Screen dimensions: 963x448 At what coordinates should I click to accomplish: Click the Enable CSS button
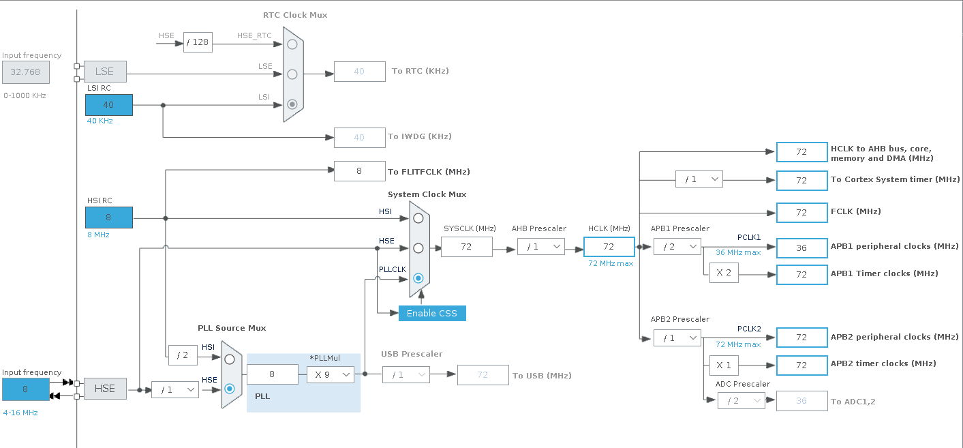(432, 313)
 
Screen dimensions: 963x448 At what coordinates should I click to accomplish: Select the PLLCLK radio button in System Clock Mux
(418, 278)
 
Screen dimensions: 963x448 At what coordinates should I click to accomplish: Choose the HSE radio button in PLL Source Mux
(230, 389)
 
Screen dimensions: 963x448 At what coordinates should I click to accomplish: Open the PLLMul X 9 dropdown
(330, 375)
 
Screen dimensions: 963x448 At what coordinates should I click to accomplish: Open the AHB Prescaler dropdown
(541, 247)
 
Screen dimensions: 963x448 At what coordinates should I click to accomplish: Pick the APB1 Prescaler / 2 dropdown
(677, 247)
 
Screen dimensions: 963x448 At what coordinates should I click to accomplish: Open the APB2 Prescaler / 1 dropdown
(677, 338)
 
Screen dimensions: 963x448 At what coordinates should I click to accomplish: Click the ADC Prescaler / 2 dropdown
(742, 401)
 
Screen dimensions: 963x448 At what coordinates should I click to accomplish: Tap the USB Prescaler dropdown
(406, 375)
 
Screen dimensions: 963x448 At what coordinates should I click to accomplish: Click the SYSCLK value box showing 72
(466, 247)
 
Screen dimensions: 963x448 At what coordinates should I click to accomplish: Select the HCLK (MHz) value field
(609, 247)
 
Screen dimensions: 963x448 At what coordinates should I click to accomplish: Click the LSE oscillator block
(105, 72)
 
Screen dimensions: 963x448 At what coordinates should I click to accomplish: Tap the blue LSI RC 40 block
(109, 105)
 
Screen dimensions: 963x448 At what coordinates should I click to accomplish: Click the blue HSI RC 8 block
(109, 218)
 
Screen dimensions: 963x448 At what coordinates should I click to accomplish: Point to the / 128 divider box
(198, 42)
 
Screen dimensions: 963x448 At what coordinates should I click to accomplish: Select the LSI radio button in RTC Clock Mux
(292, 104)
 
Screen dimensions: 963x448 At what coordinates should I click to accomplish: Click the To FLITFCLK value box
(359, 171)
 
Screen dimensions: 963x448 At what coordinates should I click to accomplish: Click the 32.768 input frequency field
(26, 72)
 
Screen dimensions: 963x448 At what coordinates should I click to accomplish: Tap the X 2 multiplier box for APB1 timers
(724, 273)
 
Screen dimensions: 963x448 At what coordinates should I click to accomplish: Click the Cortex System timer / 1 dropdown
(699, 179)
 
